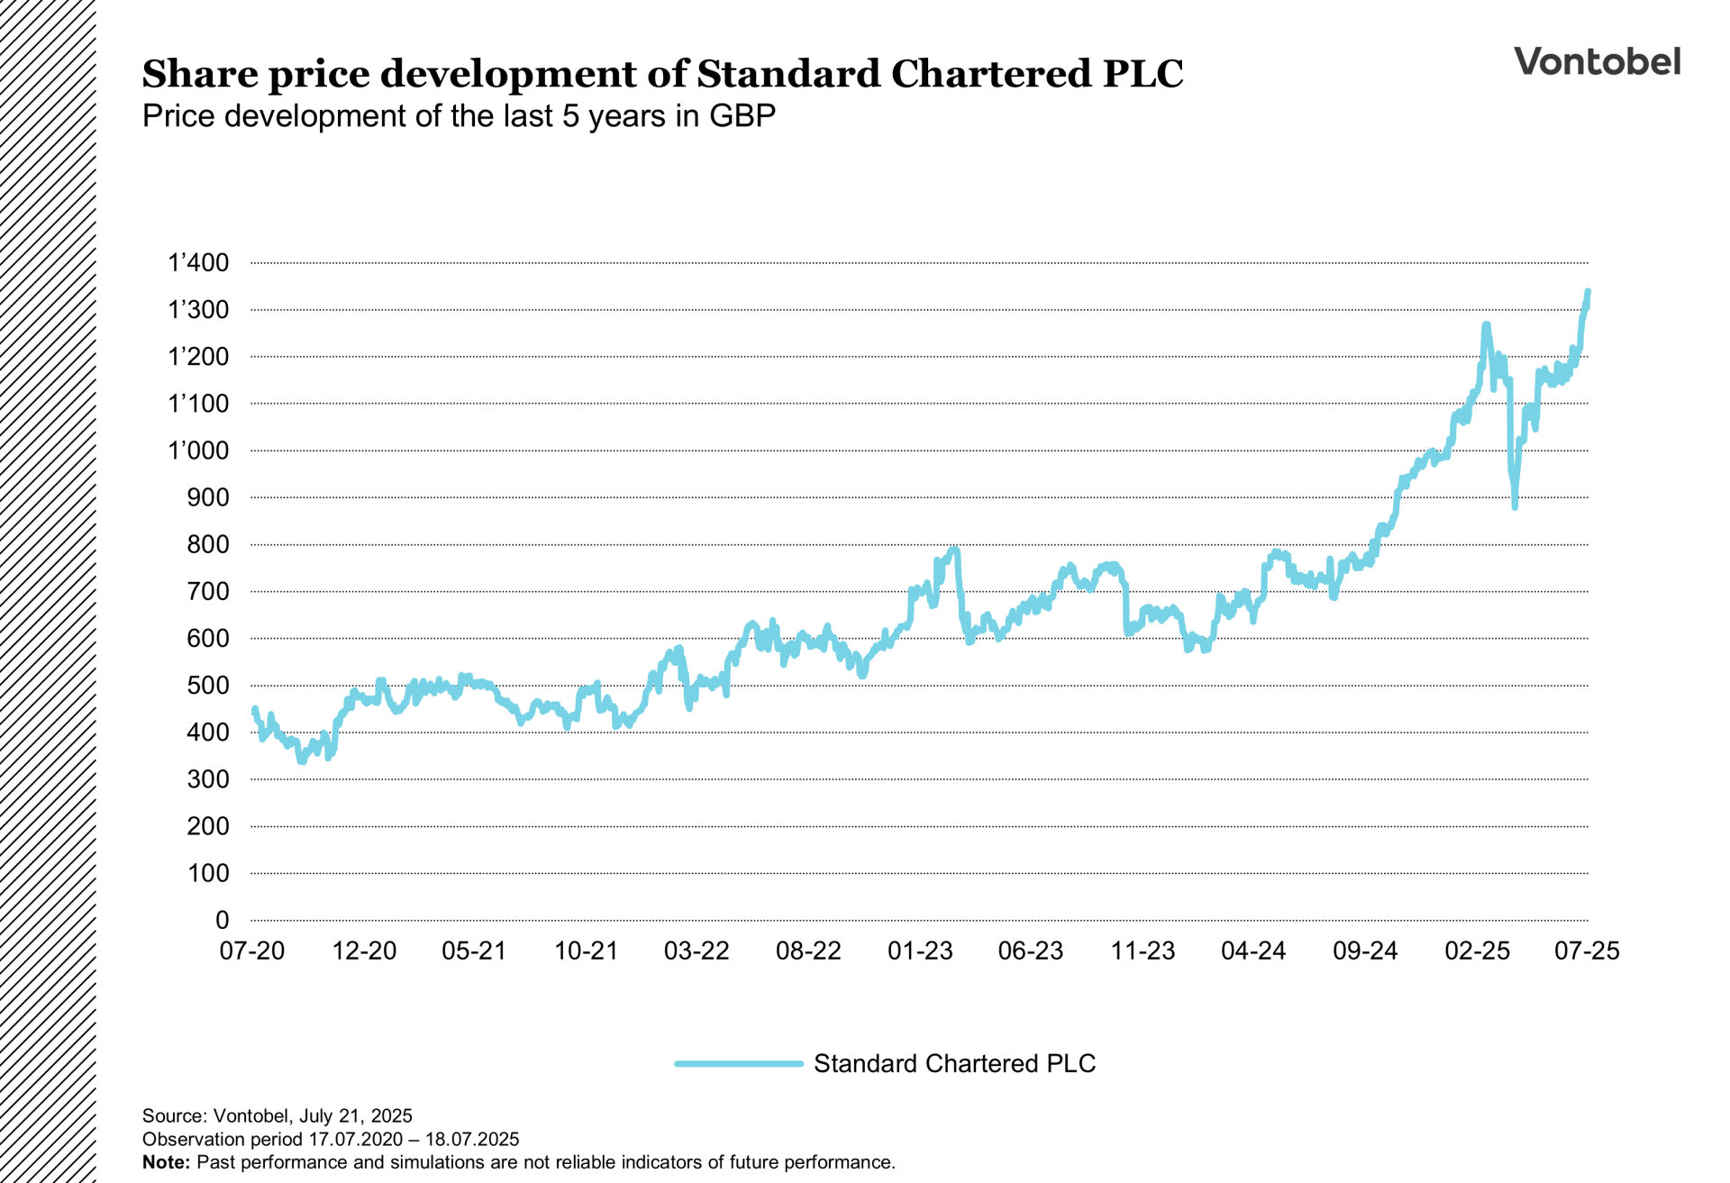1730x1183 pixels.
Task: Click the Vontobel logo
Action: (1597, 61)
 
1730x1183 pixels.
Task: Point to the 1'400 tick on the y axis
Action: (198, 263)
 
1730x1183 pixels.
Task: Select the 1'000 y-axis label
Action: (198, 450)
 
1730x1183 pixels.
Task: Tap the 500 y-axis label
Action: (207, 686)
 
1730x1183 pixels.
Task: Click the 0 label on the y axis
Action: (222, 920)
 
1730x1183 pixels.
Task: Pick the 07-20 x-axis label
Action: (251, 951)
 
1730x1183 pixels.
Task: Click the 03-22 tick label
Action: (697, 951)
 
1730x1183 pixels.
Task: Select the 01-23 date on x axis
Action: (919, 951)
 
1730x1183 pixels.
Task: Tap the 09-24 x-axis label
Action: (1364, 951)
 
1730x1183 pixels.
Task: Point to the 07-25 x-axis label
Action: (1586, 951)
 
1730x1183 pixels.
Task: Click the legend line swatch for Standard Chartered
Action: (738, 1064)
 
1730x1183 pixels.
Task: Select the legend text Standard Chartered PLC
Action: (954, 1064)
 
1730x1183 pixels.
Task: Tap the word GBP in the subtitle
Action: (742, 116)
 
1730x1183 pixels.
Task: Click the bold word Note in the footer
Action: (166, 1162)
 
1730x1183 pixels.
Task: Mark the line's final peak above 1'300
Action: (1588, 292)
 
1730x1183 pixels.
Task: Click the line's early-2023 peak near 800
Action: (954, 549)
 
